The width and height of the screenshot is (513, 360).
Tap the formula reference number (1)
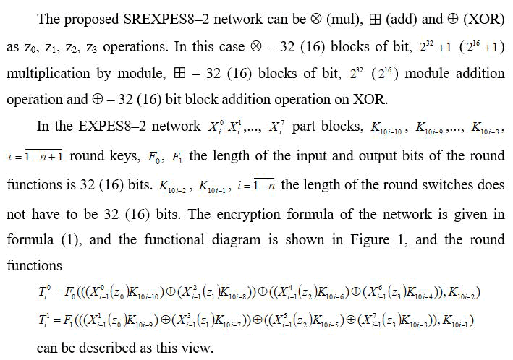[x=66, y=239]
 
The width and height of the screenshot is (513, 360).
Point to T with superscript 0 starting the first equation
[x=43, y=292]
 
